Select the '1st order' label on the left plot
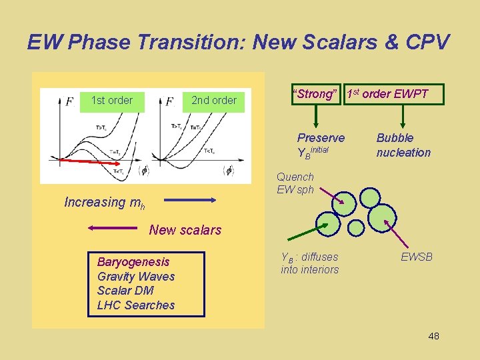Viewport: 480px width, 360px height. point(111,101)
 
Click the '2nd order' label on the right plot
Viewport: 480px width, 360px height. point(213,101)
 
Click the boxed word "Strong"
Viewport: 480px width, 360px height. point(315,94)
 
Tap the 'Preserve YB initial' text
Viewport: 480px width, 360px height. point(321,145)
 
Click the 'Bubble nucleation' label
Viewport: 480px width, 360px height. point(403,145)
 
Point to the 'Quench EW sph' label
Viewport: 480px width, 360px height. point(295,183)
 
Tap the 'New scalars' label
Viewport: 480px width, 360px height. point(185,230)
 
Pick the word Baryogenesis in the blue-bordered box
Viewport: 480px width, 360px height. point(133,262)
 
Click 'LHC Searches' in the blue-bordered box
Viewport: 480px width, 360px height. point(136,305)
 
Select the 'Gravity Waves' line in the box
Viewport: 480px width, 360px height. point(136,277)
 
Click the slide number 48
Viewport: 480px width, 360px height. point(433,336)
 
